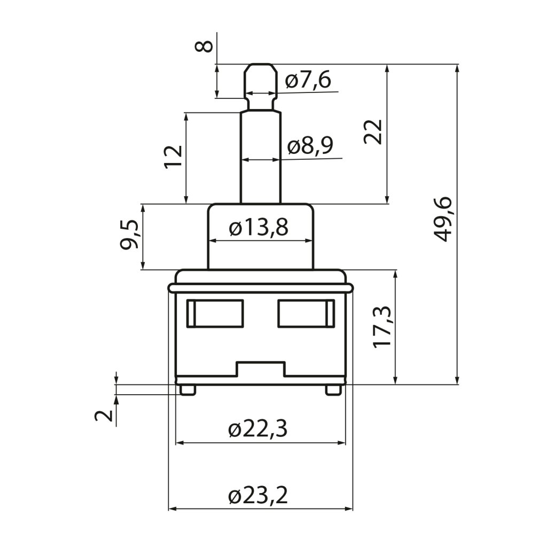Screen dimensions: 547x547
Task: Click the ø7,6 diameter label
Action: [308, 80]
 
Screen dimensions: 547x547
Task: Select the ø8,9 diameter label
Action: [310, 146]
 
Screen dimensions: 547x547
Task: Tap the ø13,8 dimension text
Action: [259, 228]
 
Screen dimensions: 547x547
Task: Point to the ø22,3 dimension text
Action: [258, 429]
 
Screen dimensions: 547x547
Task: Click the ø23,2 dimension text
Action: [258, 495]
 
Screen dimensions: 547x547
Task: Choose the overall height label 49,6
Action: [443, 220]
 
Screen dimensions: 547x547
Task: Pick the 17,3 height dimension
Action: [382, 327]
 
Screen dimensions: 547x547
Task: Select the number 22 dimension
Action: [373, 132]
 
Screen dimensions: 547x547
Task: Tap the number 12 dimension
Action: [174, 157]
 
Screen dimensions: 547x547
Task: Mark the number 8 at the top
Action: [204, 46]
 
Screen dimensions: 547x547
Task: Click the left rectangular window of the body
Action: [215, 314]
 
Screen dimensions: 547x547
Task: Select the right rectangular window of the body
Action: [306, 314]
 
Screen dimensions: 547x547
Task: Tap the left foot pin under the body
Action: [188, 390]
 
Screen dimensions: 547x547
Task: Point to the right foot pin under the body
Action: [333, 390]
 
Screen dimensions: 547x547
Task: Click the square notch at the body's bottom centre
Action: [261, 369]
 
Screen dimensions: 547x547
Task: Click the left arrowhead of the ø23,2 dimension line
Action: [171, 509]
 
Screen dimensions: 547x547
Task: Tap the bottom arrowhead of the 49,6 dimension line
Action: [457, 381]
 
